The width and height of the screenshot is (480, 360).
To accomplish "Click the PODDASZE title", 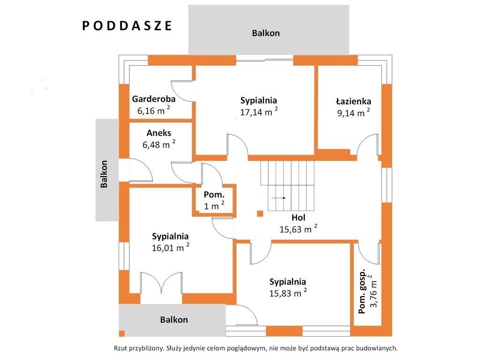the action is [127, 26].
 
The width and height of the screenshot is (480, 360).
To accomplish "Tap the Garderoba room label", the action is [154, 99].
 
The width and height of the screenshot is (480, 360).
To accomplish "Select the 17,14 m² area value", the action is [259, 112].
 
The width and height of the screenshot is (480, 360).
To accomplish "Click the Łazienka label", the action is [353, 101].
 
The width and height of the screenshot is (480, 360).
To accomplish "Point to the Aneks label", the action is [159, 133].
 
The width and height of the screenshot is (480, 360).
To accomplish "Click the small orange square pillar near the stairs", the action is [260, 214].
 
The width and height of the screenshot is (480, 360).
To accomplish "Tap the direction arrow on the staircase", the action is [278, 198].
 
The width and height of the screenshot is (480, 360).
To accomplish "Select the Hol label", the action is [298, 217].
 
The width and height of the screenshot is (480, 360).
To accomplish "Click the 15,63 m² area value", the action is [298, 229].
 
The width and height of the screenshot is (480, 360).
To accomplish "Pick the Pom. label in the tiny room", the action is [214, 195].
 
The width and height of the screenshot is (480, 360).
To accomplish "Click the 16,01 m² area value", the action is [171, 247].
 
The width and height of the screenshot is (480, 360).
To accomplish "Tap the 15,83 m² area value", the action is [288, 292].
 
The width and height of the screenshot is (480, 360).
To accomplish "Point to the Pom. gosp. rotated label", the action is [362, 292].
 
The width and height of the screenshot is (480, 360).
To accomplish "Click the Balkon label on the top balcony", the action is [266, 33].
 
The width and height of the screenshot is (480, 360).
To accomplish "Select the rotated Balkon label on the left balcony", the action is [104, 174].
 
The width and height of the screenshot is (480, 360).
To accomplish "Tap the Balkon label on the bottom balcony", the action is [174, 320].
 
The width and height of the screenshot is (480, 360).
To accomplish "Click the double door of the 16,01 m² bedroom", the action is [161, 283].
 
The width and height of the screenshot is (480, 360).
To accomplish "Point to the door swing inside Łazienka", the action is [367, 144].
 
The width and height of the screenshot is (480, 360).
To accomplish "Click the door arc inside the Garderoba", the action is [181, 91].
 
